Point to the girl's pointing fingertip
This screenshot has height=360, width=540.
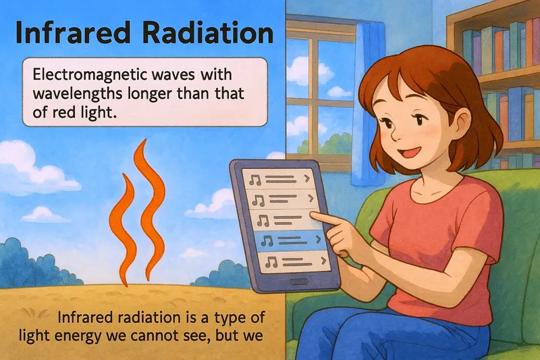315,215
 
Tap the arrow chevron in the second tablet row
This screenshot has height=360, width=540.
310,199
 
